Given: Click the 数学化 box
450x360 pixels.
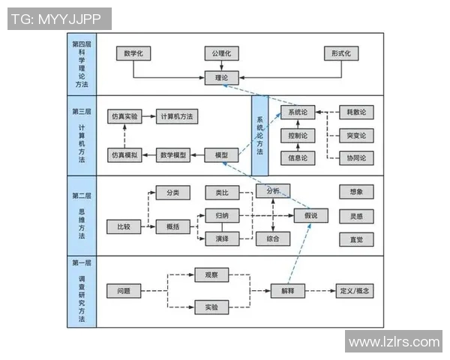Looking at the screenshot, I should pyautogui.click(x=133, y=53).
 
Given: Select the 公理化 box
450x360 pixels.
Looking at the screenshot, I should pyautogui.click(x=221, y=53).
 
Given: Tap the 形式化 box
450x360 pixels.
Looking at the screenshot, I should pyautogui.click(x=341, y=53).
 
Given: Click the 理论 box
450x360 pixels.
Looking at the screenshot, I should pyautogui.click(x=221, y=77).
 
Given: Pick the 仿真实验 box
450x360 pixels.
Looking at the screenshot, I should pyautogui.click(x=124, y=117).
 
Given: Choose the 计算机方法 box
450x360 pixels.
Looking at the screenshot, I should pyautogui.click(x=176, y=117).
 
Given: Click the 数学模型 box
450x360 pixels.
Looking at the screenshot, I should pyautogui.click(x=173, y=155).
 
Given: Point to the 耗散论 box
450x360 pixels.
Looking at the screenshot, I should pyautogui.click(x=356, y=112).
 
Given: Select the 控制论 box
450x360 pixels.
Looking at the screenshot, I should pyautogui.click(x=297, y=136).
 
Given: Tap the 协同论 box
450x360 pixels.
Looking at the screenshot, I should pyautogui.click(x=356, y=158).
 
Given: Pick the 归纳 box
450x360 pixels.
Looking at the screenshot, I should pyautogui.click(x=222, y=215).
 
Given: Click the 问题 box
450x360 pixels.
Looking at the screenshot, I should pyautogui.click(x=124, y=290).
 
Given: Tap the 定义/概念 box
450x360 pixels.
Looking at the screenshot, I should pyautogui.click(x=355, y=290).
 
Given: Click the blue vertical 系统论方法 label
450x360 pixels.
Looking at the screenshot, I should pyautogui.click(x=259, y=135).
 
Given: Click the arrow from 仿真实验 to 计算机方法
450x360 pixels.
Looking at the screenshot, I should pyautogui.click(x=148, y=117).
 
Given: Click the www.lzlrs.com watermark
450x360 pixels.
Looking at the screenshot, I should pyautogui.click(x=394, y=341).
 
